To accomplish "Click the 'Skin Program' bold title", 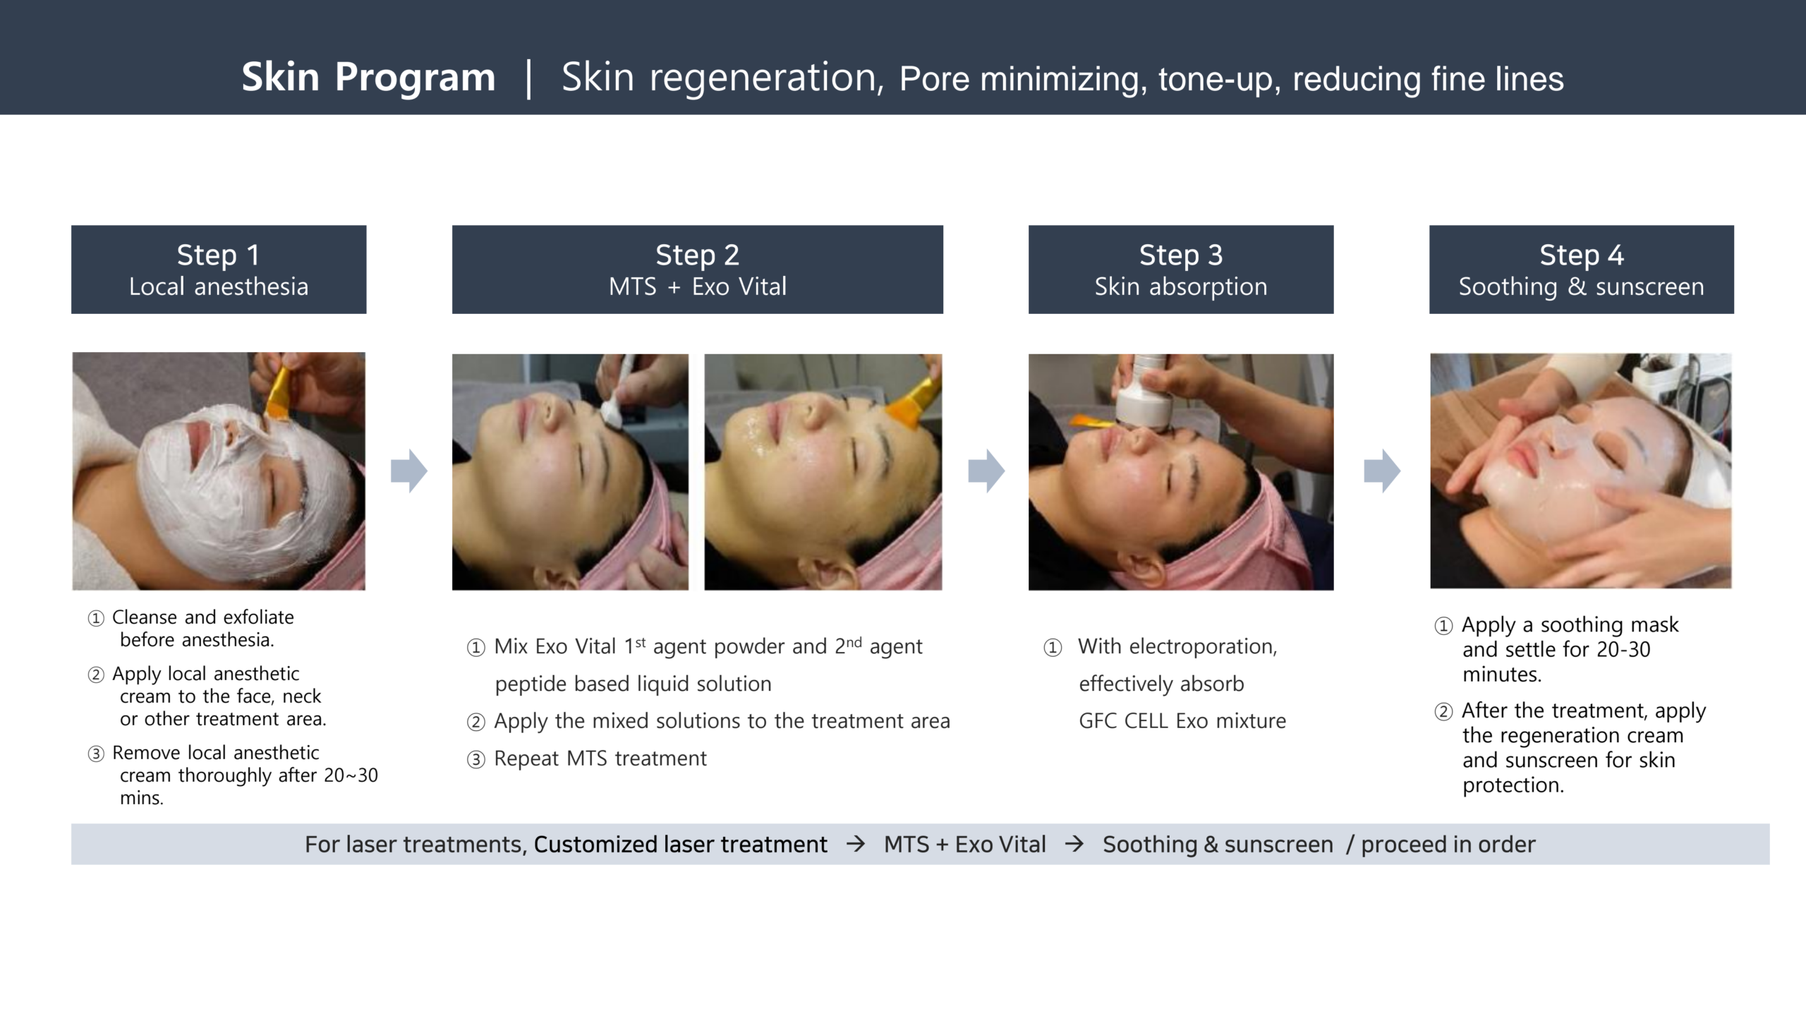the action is coord(368,78).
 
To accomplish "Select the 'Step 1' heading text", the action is coord(218,255).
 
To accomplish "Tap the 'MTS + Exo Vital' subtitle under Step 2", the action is coord(697,286).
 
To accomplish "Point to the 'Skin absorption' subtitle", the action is coord(1181,287).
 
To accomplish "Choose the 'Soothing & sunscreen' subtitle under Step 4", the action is coord(1581,287).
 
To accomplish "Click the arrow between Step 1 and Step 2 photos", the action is coord(409,471).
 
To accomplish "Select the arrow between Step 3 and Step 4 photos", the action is coord(1382,471).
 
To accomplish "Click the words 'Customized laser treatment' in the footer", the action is coord(680,845).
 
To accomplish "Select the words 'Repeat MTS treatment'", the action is coord(600,758).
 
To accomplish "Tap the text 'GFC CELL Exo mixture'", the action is coord(1182,721).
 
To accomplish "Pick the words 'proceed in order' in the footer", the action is coord(1448,845).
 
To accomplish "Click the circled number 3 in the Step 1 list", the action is coord(96,754).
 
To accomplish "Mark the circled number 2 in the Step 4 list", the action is coord(1443,712).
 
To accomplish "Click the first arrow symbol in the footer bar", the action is coord(856,844).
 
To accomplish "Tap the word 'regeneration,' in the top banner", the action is coord(766,78).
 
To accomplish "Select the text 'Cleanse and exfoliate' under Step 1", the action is coord(203,617).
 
